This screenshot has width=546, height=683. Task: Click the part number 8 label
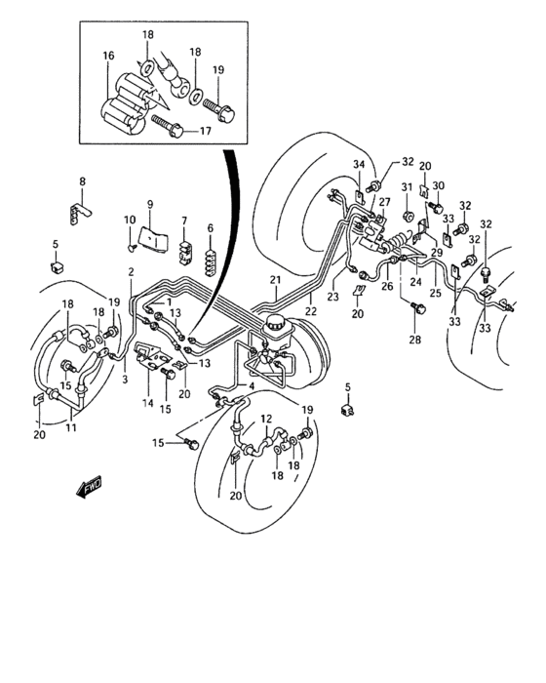click(82, 181)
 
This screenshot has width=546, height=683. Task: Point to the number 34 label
click(358, 163)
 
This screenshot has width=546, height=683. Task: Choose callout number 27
click(384, 202)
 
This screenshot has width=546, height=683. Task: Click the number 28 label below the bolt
click(418, 341)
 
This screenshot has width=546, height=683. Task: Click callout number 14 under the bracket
click(148, 402)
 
